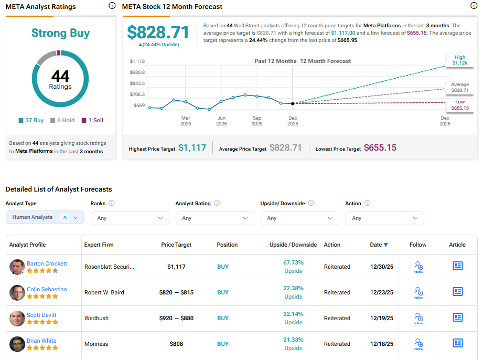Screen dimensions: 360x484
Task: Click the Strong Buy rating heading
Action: [60, 33]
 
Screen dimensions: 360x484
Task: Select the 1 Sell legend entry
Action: [92, 120]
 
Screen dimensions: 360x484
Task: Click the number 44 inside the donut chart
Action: [60, 77]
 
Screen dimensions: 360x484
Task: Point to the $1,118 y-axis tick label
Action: [137, 61]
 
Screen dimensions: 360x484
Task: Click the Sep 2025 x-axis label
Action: [257, 121]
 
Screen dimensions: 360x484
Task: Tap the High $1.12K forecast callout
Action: [460, 60]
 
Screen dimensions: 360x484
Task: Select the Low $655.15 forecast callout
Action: [460, 105]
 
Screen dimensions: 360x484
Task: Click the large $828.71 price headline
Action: [158, 33]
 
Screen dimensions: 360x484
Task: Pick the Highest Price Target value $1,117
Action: [192, 148]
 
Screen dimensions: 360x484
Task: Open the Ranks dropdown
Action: [130, 218]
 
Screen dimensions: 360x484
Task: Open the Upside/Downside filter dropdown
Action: [299, 218]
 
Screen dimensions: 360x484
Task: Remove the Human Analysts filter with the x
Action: [65, 217]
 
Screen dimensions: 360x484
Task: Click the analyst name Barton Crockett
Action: [47, 263]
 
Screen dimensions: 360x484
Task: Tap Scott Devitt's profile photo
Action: [17, 318]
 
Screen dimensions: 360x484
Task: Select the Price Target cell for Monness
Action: [176, 344]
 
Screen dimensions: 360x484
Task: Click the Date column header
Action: [379, 245]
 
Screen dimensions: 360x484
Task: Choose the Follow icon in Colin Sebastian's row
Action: [418, 292]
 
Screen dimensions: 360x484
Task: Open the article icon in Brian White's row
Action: [458, 343]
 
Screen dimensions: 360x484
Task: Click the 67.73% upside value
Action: [293, 262]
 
